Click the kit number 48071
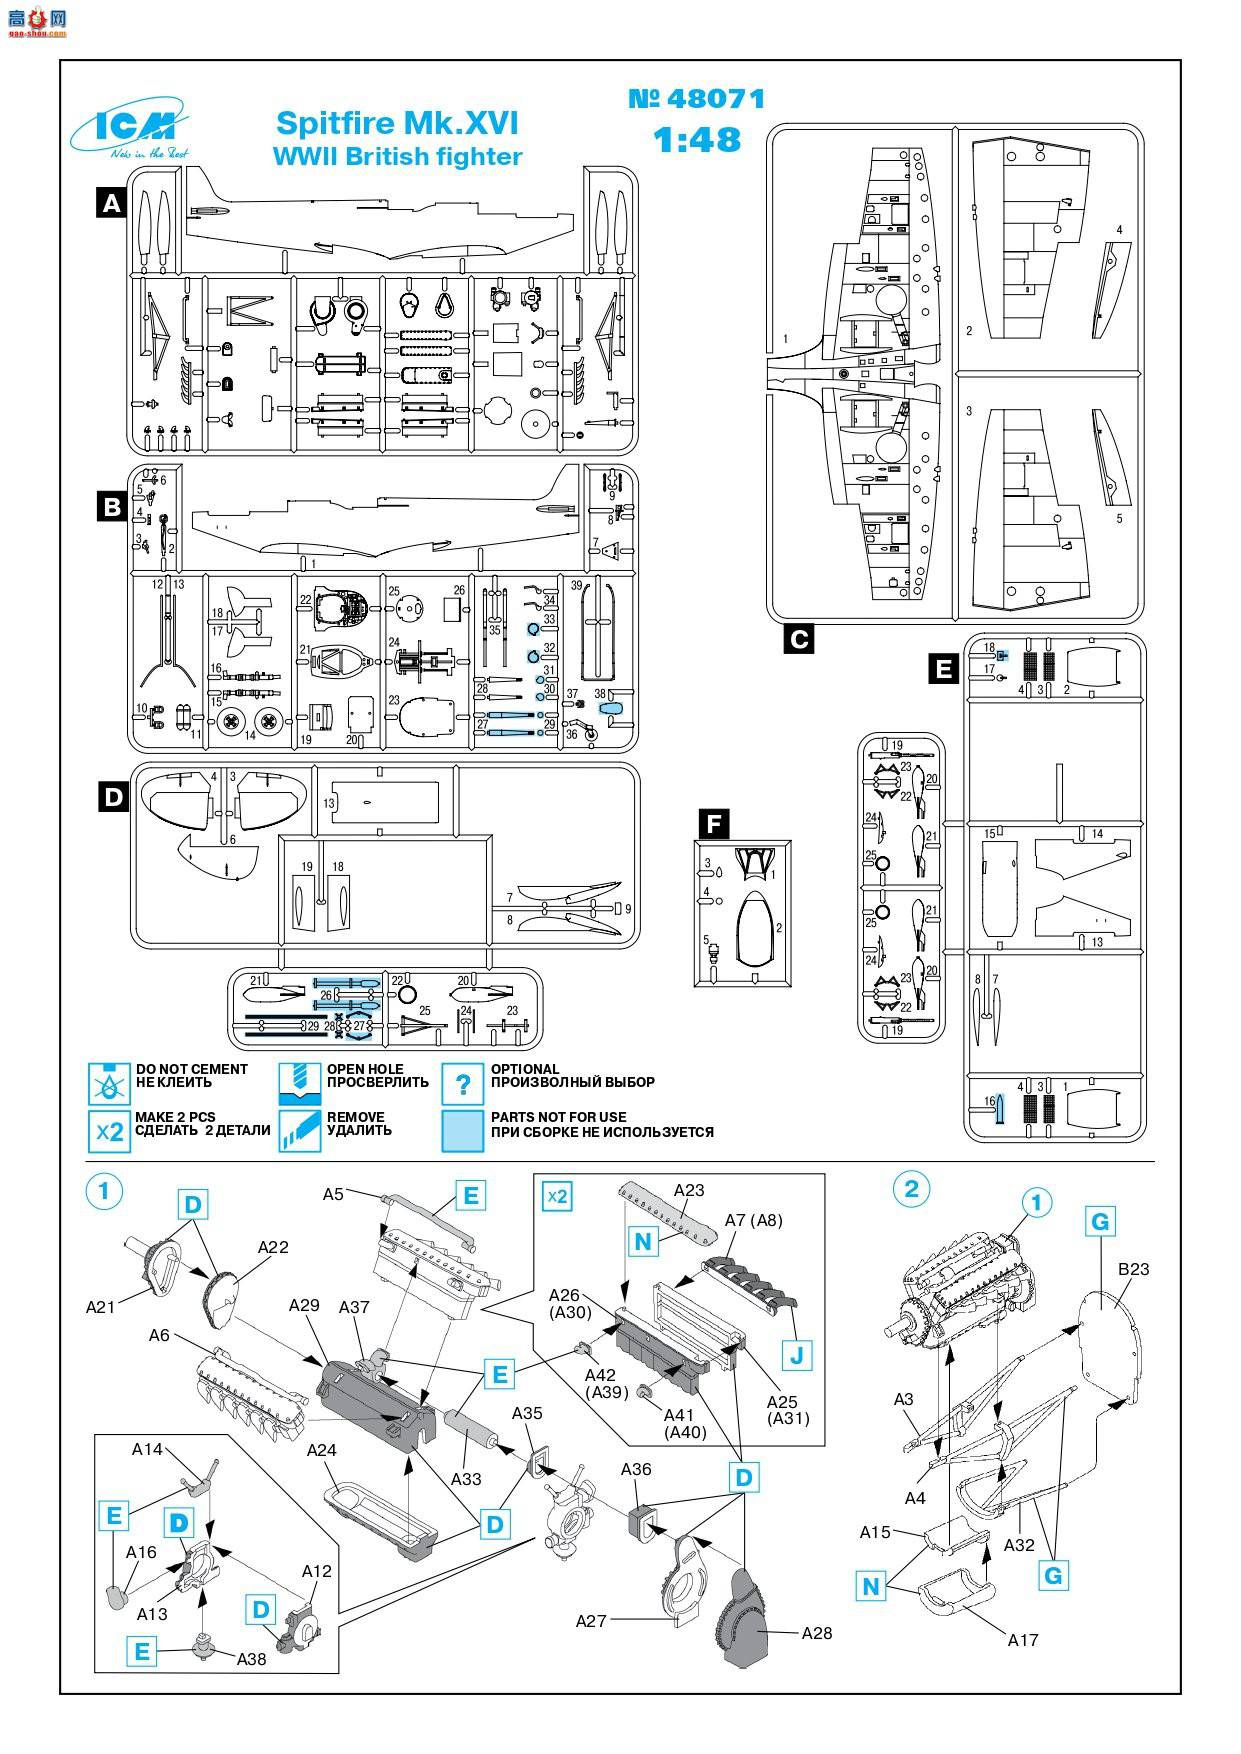[x=697, y=99]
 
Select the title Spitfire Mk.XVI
[x=397, y=123]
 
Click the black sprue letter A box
[x=112, y=203]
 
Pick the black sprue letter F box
[x=713, y=824]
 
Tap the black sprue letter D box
[x=113, y=796]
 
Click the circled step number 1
[x=105, y=1190]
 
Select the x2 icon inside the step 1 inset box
[x=557, y=1196]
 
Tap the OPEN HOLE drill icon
[x=299, y=1083]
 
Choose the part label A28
[x=816, y=1633]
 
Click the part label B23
[x=1133, y=1269]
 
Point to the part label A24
[x=321, y=1450]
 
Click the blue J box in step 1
[x=797, y=1356]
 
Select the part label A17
[x=1023, y=1640]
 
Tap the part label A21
[x=101, y=1306]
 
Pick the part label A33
[x=466, y=1478]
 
